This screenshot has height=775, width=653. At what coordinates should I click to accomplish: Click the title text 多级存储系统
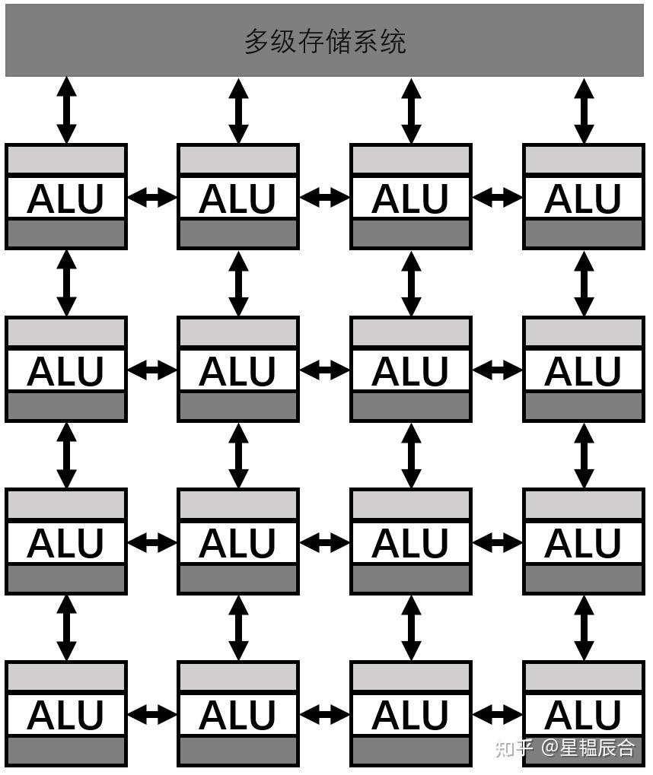point(325,41)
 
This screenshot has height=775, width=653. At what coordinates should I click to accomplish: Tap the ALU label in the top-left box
point(65,199)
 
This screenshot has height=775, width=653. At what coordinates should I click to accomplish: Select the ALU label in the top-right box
point(583,199)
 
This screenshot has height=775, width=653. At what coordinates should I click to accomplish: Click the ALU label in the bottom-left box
point(65,716)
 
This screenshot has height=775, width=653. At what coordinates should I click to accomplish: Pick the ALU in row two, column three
point(410,371)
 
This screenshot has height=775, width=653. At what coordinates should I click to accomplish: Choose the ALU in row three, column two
point(238,543)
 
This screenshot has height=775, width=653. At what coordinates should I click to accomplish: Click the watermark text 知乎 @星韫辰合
point(565,748)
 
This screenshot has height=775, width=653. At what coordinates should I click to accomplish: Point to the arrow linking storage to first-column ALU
point(67,110)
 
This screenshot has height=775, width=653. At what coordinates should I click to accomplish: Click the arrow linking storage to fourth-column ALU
point(584,110)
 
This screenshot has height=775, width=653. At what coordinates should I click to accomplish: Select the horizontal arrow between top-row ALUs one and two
point(152,198)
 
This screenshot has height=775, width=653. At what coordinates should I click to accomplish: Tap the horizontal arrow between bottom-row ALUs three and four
point(497,715)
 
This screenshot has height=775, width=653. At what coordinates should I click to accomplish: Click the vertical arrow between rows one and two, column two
point(239,283)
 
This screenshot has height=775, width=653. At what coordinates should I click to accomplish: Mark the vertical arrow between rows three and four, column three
point(411,627)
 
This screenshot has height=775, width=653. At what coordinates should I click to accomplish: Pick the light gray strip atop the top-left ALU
point(65,160)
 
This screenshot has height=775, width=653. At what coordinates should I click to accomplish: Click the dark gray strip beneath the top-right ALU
point(583,233)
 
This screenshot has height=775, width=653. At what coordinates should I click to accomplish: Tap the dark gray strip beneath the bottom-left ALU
point(65,751)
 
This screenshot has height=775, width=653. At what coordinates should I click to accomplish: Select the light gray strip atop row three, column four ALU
point(583,504)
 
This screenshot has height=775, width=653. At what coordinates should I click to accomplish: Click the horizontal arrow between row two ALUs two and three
point(325,370)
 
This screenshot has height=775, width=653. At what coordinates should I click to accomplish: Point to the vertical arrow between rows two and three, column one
point(67,455)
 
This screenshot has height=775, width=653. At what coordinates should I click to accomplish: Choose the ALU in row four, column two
point(238,716)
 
